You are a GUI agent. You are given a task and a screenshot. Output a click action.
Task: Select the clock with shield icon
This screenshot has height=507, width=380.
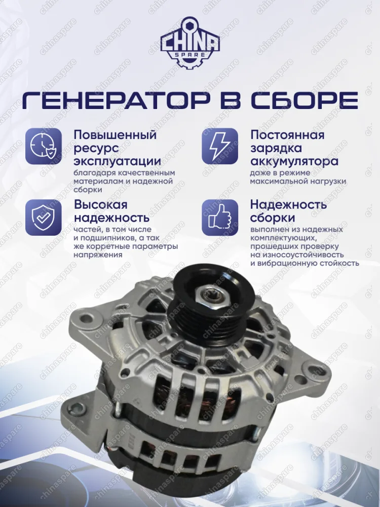pyautogui.click(x=44, y=147)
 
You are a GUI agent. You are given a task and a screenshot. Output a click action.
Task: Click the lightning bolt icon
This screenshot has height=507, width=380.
pyautogui.click(x=219, y=147)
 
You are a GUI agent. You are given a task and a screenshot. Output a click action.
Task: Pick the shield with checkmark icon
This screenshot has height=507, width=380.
pyautogui.click(x=44, y=217)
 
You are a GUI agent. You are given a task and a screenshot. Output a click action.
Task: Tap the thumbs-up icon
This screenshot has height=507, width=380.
pyautogui.click(x=219, y=217)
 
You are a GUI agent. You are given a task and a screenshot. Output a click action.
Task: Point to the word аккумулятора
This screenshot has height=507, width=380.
pyautogui.click(x=294, y=161)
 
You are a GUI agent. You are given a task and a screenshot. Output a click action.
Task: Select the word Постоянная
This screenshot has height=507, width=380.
pyautogui.click(x=287, y=135)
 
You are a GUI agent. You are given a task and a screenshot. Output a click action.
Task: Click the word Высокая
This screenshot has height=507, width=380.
pyautogui.click(x=101, y=205)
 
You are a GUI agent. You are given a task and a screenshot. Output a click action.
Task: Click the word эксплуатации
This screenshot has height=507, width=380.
pyautogui.click(x=118, y=161)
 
